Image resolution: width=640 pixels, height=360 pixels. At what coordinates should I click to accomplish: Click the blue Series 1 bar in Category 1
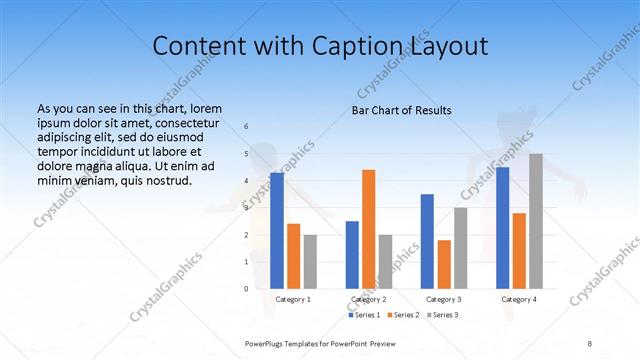[x=277, y=230]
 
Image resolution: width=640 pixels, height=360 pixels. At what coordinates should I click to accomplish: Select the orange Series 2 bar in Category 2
[x=369, y=229]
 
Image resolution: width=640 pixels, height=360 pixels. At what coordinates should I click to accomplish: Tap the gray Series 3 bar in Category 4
[x=536, y=221]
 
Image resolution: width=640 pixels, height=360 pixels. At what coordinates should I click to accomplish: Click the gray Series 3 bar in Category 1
[x=310, y=261]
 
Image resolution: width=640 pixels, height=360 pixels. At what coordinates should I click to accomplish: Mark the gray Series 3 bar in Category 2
[x=386, y=261]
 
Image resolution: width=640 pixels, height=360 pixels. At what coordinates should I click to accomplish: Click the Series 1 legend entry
[x=365, y=315]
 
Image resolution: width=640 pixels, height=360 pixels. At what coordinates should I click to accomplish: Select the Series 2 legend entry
[x=404, y=315]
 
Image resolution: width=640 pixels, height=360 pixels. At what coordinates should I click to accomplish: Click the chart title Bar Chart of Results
[x=402, y=110]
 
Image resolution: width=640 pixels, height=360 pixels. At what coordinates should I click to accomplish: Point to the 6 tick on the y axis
[x=247, y=127]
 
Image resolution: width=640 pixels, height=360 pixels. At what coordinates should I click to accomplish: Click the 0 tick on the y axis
[x=247, y=289]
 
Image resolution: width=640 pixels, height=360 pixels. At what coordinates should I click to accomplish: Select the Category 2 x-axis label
[x=369, y=299]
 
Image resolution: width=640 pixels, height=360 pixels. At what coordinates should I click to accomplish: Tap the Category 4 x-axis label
[x=519, y=299]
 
